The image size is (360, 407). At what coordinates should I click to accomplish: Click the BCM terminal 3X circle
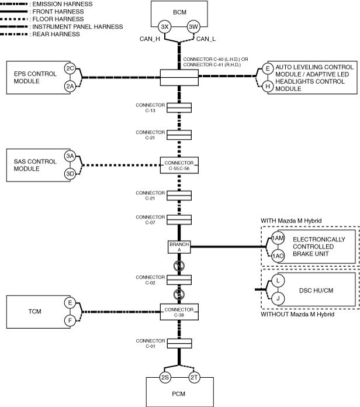tap(165, 27)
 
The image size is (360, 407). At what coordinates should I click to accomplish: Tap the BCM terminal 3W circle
tap(193, 27)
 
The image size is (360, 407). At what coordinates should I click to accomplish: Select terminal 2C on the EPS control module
tap(70, 68)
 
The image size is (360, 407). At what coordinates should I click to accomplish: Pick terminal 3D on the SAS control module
tap(70, 174)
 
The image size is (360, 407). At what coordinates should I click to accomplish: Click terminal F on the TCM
tap(70, 320)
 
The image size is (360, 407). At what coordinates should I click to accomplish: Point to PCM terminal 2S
tap(165, 377)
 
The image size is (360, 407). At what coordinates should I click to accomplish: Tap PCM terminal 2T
tap(194, 377)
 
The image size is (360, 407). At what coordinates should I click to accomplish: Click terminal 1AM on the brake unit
tap(278, 238)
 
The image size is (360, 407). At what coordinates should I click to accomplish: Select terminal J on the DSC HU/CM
tap(278, 298)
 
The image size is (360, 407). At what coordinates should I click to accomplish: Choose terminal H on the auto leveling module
tap(268, 86)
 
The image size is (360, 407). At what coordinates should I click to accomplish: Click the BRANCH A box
tap(179, 247)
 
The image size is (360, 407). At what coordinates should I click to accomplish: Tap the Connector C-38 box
tap(179, 312)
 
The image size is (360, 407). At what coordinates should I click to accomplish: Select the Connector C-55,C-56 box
tap(179, 165)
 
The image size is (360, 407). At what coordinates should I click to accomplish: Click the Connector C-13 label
tap(150, 108)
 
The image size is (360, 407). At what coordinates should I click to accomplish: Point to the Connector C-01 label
tap(150, 343)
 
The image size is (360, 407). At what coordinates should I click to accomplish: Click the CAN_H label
tap(150, 39)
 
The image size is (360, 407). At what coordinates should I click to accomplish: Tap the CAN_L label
tap(206, 39)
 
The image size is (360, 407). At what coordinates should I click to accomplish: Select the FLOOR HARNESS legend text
tap(58, 19)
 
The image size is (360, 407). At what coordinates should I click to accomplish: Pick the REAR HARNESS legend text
tap(56, 35)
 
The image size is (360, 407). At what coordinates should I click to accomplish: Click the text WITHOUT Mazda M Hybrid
tap(297, 315)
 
